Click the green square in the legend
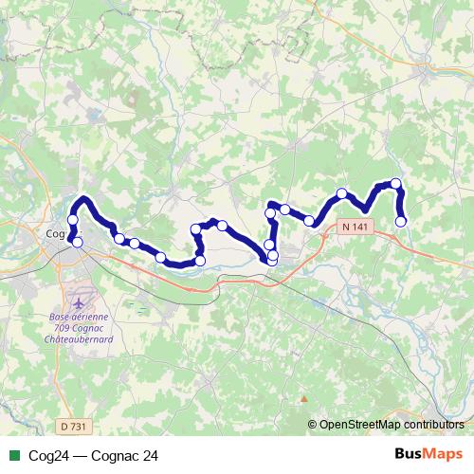point(12,456)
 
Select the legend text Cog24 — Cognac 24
point(93,456)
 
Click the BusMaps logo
point(429,455)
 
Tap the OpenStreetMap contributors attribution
point(392,425)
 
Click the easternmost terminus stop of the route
point(401,222)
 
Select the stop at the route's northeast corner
point(396,183)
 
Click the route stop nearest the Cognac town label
point(77,243)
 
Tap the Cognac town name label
point(59,229)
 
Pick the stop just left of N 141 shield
point(309,221)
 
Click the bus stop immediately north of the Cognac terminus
point(72,220)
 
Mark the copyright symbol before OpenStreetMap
point(313,425)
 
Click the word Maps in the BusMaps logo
point(445,455)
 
